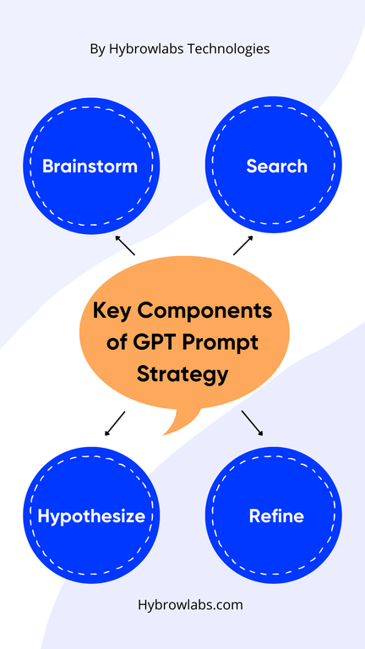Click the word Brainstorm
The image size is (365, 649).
[90, 166]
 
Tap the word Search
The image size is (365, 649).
[277, 166]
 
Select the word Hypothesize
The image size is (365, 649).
[91, 517]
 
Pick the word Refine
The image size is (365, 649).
[276, 516]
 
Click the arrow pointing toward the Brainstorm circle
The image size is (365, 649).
[125, 245]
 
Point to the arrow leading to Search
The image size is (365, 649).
[243, 245]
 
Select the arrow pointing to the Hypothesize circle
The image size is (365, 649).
[115, 423]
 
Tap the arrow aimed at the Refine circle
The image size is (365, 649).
[252, 423]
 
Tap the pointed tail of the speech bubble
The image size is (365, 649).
[163, 435]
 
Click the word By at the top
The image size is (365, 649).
[98, 50]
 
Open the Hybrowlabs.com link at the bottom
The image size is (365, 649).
[190, 605]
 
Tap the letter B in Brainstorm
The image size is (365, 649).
[48, 166]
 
